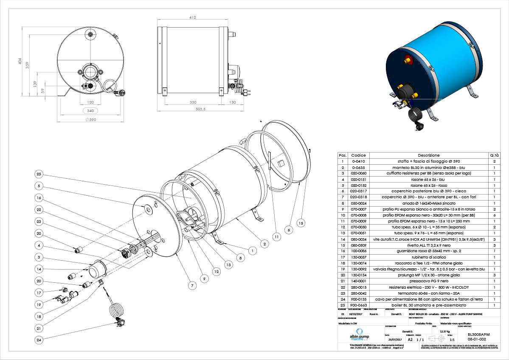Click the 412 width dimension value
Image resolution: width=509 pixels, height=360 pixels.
[x=193, y=17]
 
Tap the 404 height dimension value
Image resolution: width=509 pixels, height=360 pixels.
[x=19, y=62]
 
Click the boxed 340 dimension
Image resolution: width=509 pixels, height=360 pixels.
[x=90, y=111]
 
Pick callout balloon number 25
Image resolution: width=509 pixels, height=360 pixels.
[x=39, y=174]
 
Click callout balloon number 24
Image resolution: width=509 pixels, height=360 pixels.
[x=39, y=339]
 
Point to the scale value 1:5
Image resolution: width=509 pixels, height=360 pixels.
[x=452, y=340]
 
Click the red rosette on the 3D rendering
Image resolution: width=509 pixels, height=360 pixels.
[x=409, y=58]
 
